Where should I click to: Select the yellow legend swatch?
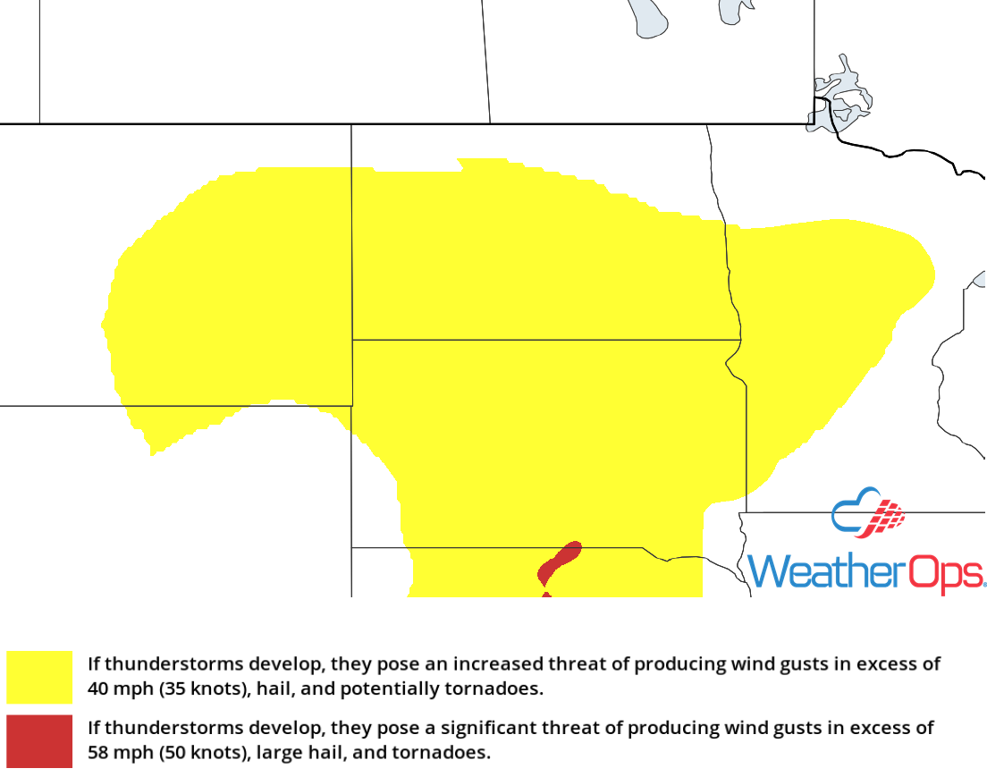(39, 677)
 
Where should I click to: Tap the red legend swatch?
(39, 740)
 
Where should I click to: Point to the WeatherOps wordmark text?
(865, 571)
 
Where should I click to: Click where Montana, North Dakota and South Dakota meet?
(352, 340)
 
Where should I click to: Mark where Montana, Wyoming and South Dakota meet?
(352, 406)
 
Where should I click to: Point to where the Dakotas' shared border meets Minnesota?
(739, 340)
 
